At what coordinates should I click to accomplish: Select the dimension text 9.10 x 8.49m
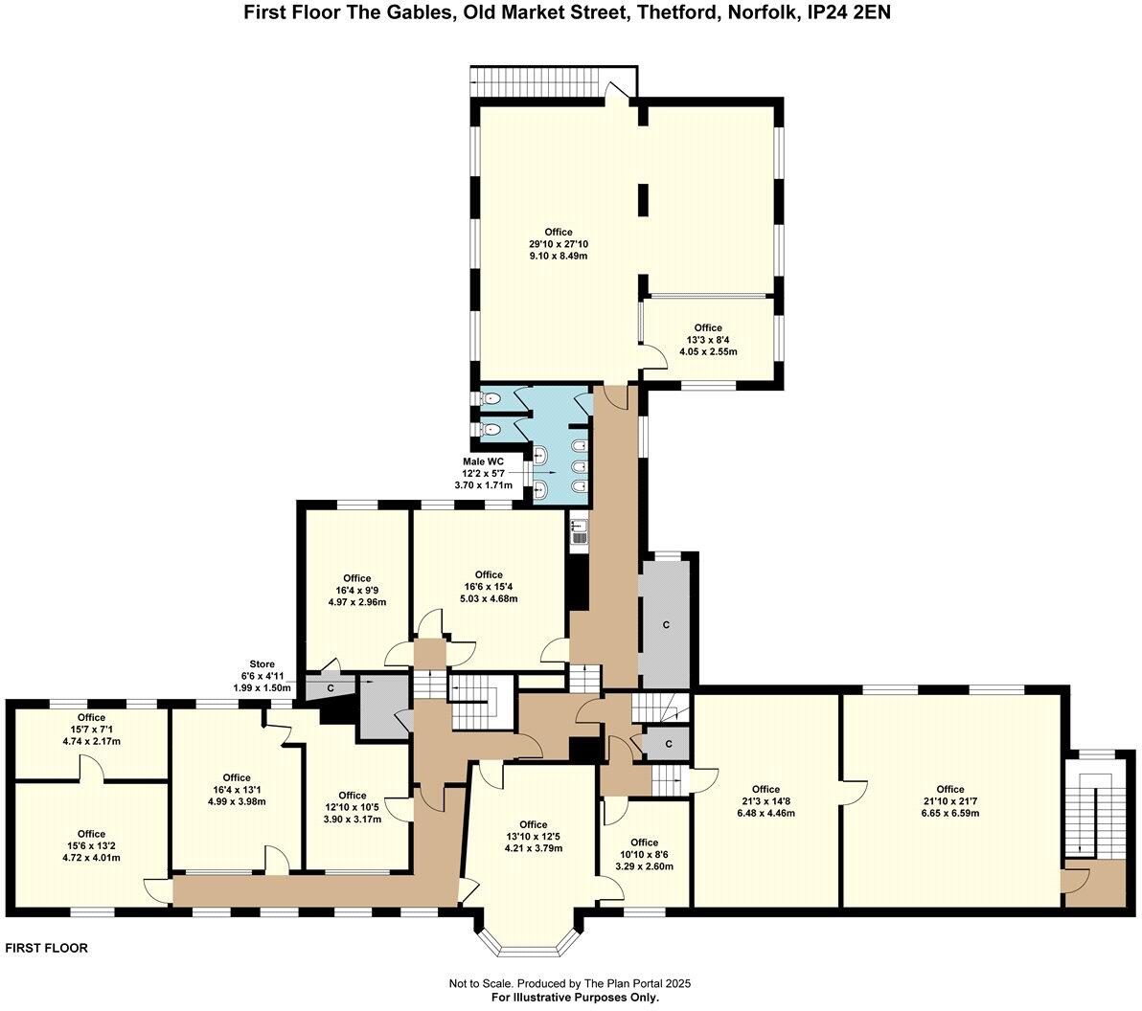tap(559, 256)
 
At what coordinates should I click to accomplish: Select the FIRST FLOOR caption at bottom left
tap(47, 949)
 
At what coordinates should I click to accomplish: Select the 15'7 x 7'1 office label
tap(91, 729)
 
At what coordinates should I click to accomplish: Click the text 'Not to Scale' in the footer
tap(481, 983)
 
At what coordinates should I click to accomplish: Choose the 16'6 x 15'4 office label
tap(489, 587)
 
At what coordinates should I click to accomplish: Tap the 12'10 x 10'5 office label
tap(352, 807)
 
